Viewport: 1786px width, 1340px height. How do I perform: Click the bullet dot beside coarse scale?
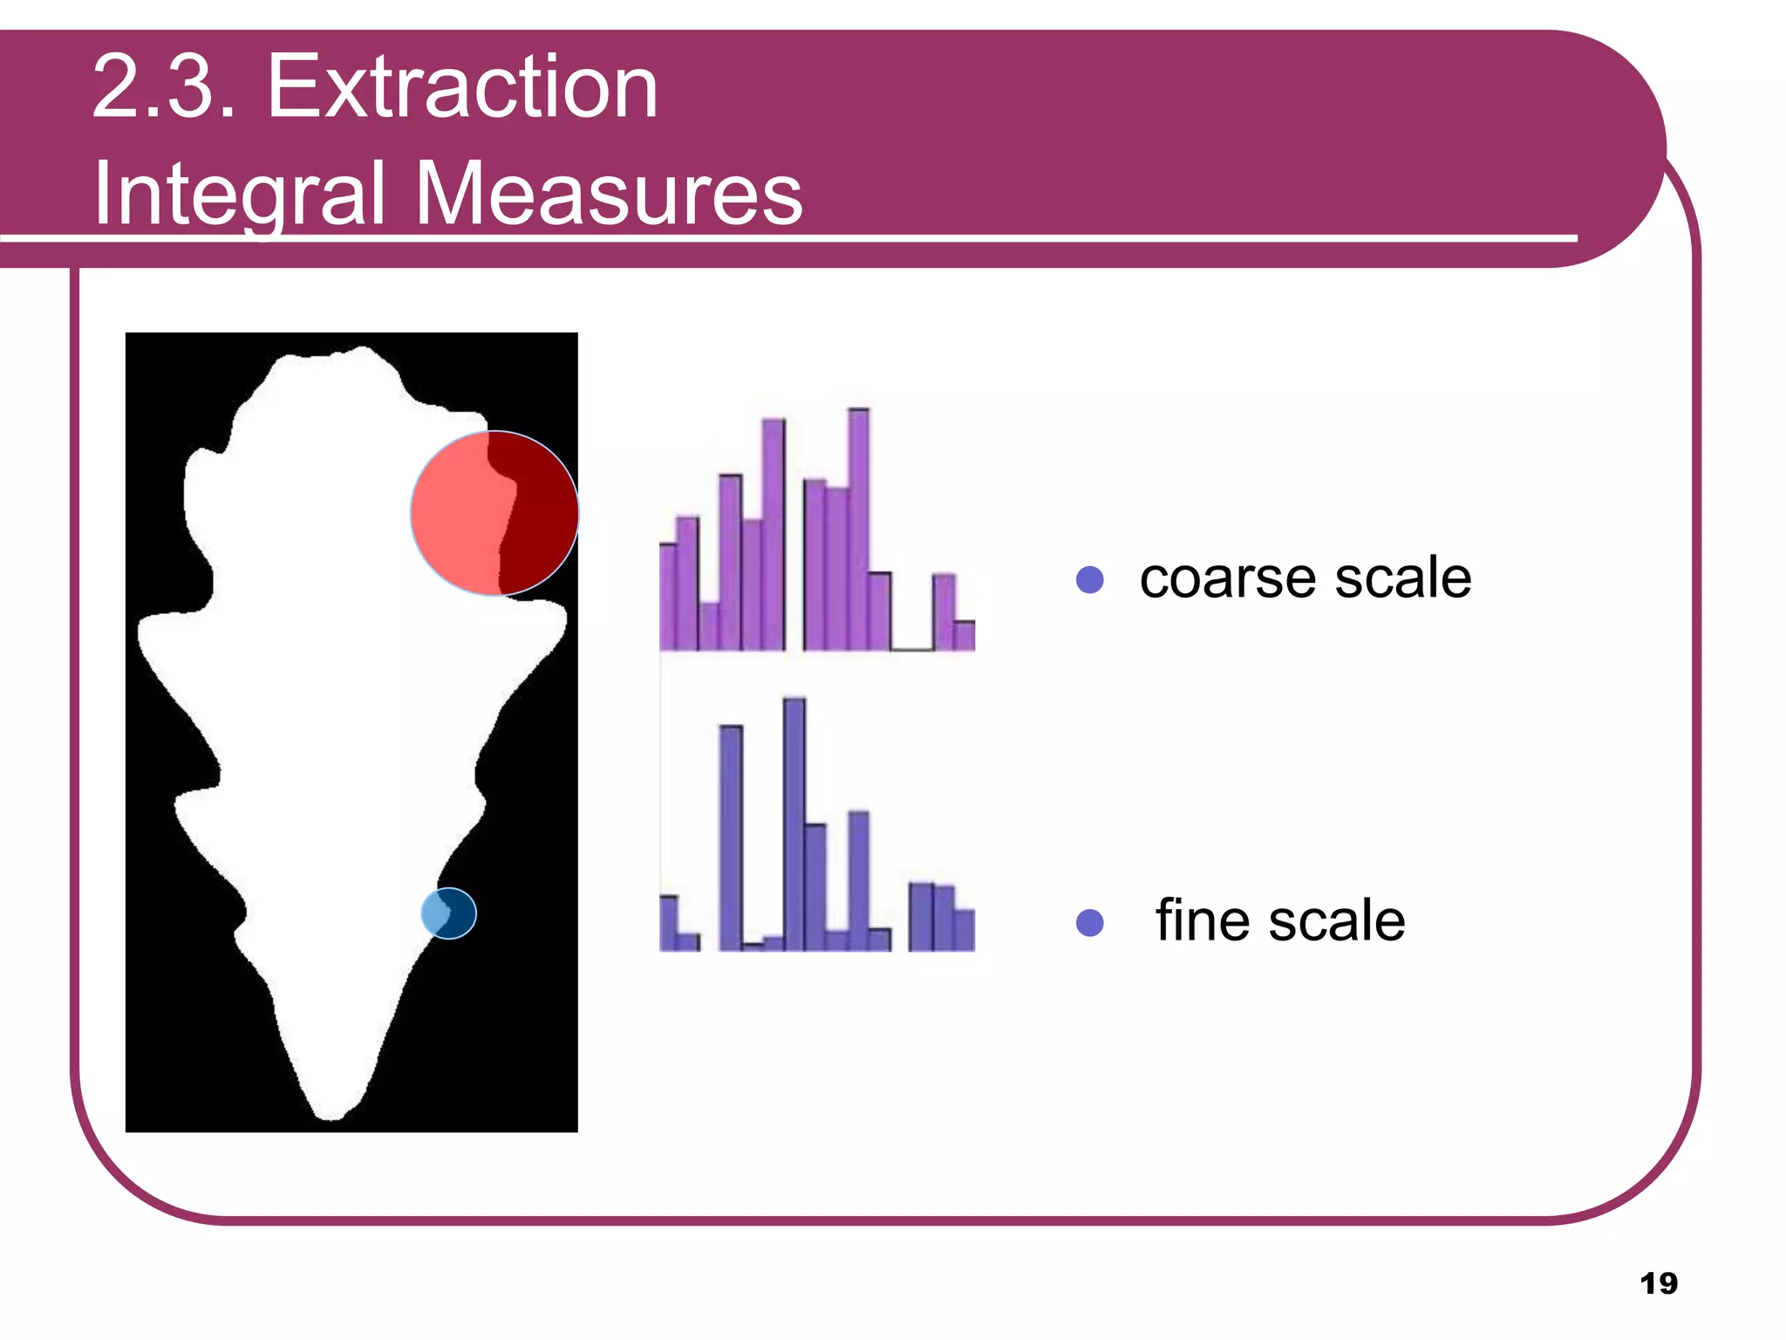tap(1090, 579)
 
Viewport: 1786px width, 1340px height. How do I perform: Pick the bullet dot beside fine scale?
tap(1090, 922)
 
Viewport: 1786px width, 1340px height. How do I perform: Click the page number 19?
tap(1658, 1283)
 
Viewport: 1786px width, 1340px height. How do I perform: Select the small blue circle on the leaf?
tap(448, 913)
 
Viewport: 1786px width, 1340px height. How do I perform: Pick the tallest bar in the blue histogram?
tap(794, 824)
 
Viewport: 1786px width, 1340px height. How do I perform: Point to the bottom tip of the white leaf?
tap(332, 1114)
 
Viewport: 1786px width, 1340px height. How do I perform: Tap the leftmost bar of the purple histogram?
tap(668, 597)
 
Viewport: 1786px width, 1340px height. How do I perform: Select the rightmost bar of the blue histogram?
tap(964, 930)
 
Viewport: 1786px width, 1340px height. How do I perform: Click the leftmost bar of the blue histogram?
tap(668, 923)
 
